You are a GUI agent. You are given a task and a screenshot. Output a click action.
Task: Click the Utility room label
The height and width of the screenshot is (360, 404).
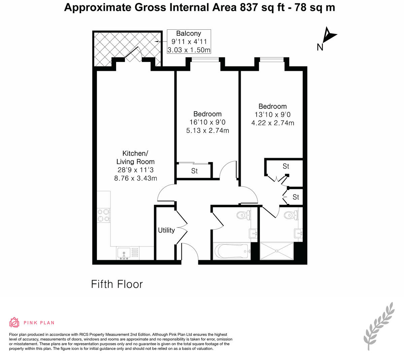[x=166, y=230]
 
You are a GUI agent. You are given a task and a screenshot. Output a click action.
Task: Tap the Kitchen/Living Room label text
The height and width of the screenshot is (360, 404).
[x=135, y=157]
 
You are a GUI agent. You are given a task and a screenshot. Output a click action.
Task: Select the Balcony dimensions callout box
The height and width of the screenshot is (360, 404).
[x=189, y=41]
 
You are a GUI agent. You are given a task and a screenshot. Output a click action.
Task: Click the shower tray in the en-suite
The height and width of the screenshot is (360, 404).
[x=277, y=250]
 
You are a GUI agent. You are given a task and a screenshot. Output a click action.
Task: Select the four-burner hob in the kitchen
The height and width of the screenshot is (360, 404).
[x=103, y=215]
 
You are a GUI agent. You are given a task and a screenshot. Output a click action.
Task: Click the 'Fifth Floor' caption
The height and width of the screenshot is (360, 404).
[x=117, y=284]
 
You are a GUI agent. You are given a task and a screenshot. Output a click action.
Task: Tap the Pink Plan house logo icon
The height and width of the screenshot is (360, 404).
[x=14, y=323]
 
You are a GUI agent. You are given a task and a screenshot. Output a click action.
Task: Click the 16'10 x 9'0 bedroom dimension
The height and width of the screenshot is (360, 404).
[x=207, y=122]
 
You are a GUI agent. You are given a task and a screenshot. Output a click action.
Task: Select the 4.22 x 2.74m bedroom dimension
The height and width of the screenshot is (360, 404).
[x=273, y=123]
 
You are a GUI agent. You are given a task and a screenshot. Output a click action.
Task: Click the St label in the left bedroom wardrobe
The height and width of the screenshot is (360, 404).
[x=194, y=171]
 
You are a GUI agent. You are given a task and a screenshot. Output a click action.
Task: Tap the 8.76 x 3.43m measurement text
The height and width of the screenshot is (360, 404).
[x=135, y=178]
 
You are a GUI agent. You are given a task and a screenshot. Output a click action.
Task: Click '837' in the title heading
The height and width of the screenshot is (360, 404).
[x=249, y=7]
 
